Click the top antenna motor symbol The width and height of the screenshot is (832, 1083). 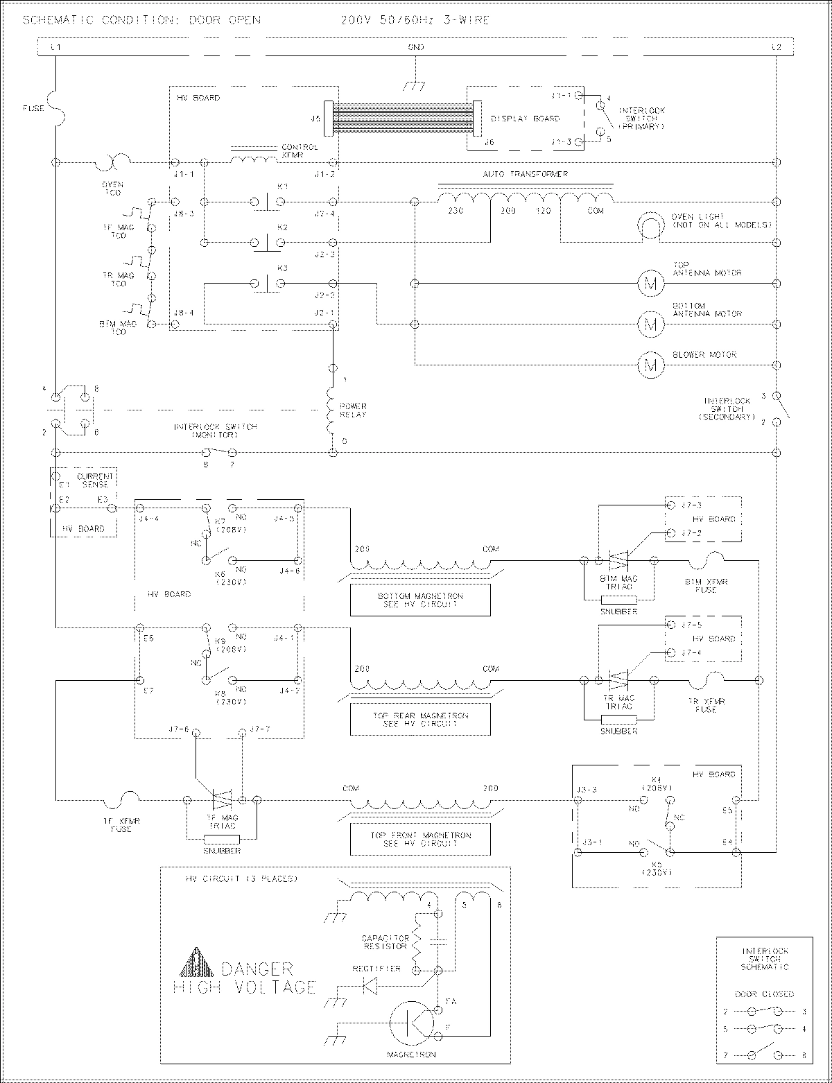coord(650,283)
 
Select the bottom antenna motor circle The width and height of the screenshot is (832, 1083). coord(650,324)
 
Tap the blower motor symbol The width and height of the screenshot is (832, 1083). coord(650,365)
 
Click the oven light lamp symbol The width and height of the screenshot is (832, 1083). coord(651,226)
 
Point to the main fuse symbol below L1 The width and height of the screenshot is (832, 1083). coord(55,107)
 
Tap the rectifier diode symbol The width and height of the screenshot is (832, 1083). coord(371,985)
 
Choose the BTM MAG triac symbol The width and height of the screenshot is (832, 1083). coord(618,559)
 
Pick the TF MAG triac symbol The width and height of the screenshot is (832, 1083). coord(222,799)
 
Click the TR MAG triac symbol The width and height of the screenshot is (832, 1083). coord(618,679)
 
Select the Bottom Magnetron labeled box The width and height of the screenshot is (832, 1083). coord(420,600)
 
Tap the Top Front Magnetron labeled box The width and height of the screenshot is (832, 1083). coord(420,839)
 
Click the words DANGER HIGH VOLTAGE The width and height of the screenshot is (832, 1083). coord(246,978)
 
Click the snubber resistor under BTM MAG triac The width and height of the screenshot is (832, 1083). coord(618,600)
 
